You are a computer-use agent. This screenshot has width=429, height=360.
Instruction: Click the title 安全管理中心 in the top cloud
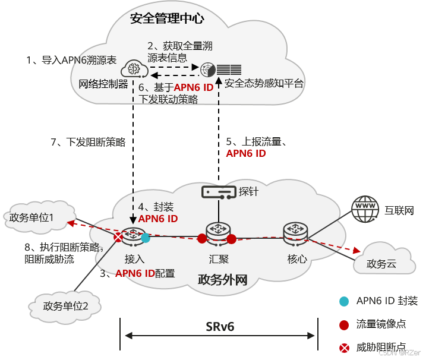click(x=167, y=19)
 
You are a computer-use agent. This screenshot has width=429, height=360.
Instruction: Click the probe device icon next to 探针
click(x=218, y=192)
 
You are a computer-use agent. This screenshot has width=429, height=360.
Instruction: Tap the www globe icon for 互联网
click(x=365, y=209)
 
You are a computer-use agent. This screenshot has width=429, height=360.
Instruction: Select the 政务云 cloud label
click(x=381, y=264)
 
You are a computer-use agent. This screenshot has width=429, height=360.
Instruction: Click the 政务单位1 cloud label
click(x=31, y=218)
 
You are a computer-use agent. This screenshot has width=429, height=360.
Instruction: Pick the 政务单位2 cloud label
click(x=66, y=306)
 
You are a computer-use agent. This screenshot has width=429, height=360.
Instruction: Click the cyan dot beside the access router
click(x=146, y=238)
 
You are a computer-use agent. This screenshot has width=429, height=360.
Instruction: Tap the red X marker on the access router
click(x=119, y=238)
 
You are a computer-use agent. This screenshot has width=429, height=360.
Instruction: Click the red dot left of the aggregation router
click(x=202, y=239)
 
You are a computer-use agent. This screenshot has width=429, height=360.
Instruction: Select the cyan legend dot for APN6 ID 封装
click(x=343, y=301)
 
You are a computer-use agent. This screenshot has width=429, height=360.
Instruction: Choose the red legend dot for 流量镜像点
click(x=343, y=324)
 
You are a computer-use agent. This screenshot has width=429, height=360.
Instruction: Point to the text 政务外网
click(x=222, y=279)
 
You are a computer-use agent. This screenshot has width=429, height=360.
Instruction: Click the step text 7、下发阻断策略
click(x=88, y=143)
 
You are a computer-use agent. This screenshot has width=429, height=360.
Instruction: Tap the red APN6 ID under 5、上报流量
click(x=246, y=153)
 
